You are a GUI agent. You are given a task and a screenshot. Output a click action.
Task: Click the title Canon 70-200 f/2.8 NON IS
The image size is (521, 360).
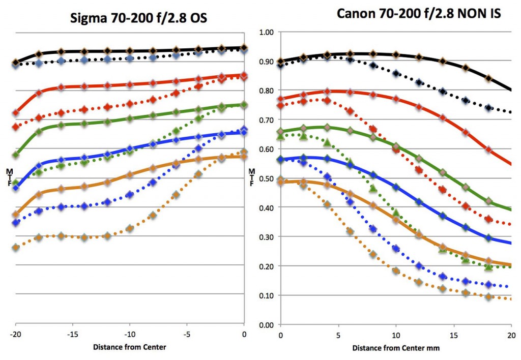point(419,14)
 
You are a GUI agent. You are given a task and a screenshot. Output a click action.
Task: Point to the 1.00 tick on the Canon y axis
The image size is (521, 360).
point(267,32)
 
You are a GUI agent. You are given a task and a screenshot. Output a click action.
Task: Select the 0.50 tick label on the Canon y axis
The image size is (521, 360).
point(267,178)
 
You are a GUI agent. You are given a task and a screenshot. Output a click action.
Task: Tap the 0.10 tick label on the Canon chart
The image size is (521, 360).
point(267,295)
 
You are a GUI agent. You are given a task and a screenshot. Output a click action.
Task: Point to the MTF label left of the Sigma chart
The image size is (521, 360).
point(9,176)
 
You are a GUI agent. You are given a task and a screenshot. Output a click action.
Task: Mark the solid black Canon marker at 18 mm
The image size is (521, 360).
point(488,78)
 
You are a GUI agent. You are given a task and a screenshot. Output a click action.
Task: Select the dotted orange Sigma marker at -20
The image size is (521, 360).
point(16,248)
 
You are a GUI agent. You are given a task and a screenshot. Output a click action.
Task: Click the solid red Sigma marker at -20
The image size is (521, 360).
point(16,112)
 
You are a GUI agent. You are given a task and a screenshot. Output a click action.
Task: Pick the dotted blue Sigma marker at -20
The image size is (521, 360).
point(16,223)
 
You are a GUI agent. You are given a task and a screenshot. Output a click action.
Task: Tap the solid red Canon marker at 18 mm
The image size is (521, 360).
point(488,149)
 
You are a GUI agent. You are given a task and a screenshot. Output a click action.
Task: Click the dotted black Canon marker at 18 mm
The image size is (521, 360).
point(488,108)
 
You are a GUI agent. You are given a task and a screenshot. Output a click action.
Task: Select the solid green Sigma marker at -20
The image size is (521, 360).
point(16,154)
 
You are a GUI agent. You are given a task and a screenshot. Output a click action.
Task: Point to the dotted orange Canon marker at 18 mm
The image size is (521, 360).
point(488,296)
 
